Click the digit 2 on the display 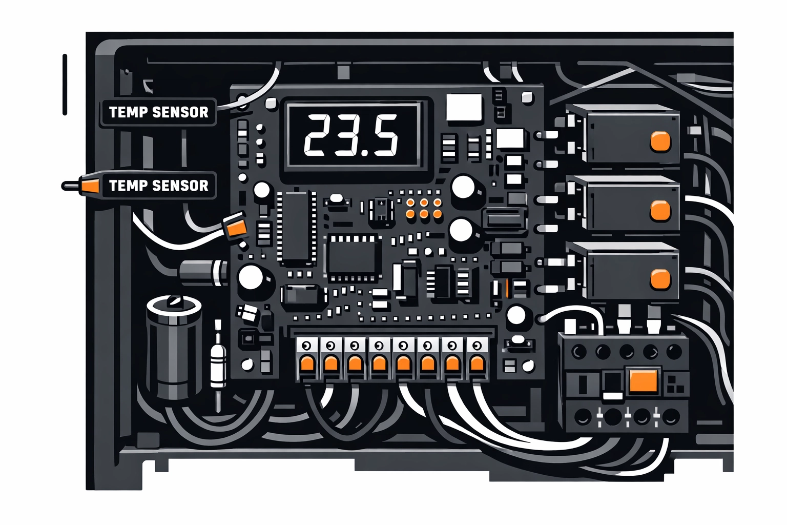click(x=319, y=135)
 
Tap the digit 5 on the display click(x=385, y=135)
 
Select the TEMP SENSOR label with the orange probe click(x=158, y=186)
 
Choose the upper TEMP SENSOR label click(x=158, y=112)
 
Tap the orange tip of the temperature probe click(x=90, y=186)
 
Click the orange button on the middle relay click(x=660, y=211)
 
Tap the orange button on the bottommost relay click(x=660, y=279)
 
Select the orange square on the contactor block click(x=643, y=380)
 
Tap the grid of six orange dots click(x=424, y=208)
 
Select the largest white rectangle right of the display click(x=464, y=108)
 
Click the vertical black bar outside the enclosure click(x=65, y=85)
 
